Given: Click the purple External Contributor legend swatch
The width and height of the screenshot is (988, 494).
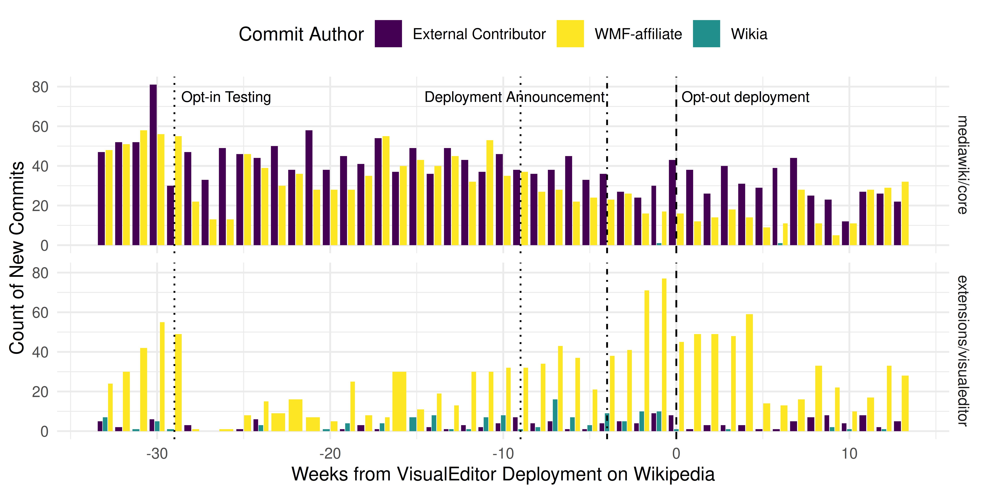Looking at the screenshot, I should (x=388, y=34).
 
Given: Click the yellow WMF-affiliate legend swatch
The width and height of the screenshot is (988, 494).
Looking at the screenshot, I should (x=570, y=34).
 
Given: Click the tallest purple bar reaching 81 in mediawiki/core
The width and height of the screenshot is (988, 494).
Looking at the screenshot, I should (x=153, y=165).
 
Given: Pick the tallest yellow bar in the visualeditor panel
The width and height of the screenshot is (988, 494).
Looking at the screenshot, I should (x=664, y=355).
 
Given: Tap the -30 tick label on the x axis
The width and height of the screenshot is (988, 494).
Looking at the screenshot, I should (x=157, y=454).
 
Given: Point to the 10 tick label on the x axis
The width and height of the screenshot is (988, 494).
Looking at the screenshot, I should (x=849, y=454).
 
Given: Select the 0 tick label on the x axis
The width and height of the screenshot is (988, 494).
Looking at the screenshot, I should (x=676, y=454).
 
